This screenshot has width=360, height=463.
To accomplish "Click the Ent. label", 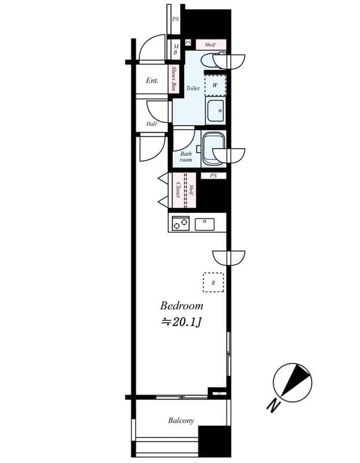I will click(152, 81).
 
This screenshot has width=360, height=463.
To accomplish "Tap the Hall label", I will click(151, 124).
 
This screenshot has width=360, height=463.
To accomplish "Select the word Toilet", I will click(193, 89).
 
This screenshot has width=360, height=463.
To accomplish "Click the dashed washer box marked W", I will click(215, 86).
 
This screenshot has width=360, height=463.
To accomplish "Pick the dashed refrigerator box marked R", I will click(213, 282).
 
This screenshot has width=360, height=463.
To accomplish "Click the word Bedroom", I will click(181, 306).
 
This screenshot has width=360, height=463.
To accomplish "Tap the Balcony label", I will click(181, 421).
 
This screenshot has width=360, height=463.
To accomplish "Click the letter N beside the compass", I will click(272, 406).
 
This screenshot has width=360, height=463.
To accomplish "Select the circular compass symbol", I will click(292, 382).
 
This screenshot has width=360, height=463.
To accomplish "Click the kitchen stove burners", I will click(181, 223).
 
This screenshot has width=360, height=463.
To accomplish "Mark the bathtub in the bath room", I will click(212, 147).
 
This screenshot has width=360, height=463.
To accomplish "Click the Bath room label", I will click(186, 157).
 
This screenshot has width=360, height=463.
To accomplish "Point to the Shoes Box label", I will click(174, 79).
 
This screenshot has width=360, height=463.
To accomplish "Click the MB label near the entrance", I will click(175, 49).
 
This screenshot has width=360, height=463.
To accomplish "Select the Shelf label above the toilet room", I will click(210, 45).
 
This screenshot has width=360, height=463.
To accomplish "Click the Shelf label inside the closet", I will click(192, 190).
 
